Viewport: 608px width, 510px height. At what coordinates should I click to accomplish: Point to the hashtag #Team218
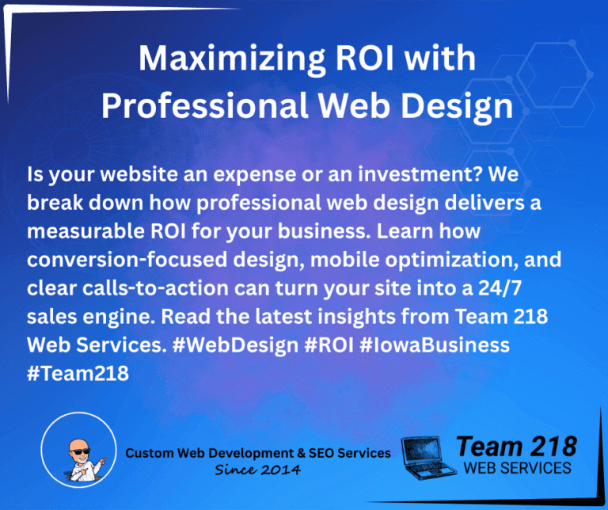tap(78, 373)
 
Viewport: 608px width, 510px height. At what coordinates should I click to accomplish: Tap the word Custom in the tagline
tap(147, 453)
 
